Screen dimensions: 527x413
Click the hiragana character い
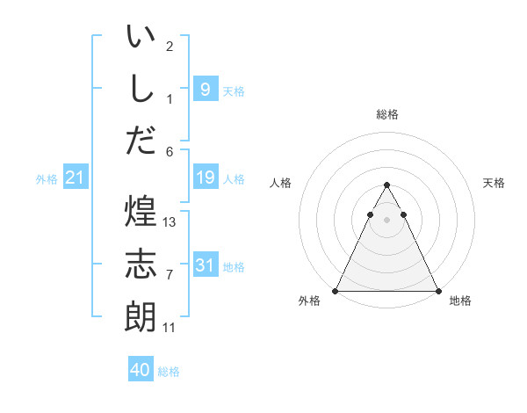pyautogui.click(x=141, y=38)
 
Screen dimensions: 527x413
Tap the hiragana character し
pyautogui.click(x=141, y=88)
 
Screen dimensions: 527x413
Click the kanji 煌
pyautogui.click(x=141, y=212)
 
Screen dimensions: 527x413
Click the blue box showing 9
pyautogui.click(x=205, y=89)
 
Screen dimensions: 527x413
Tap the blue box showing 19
pyautogui.click(x=205, y=178)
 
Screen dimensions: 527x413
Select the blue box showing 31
pyautogui.click(x=205, y=265)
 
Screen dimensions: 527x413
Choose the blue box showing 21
pyautogui.click(x=75, y=178)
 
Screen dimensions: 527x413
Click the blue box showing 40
pyautogui.click(x=140, y=371)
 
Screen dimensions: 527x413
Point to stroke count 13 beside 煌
pyautogui.click(x=170, y=222)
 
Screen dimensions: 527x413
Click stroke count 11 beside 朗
pyautogui.click(x=170, y=328)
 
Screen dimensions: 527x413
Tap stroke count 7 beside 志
pyautogui.click(x=170, y=275)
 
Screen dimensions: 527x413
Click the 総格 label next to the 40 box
pyautogui.click(x=169, y=372)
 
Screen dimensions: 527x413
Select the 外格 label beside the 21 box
pyautogui.click(x=47, y=179)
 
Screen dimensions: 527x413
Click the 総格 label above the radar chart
pyautogui.click(x=386, y=114)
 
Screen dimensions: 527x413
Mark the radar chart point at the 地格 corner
pyautogui.click(x=437, y=291)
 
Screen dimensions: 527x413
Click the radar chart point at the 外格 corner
pyautogui.click(x=336, y=291)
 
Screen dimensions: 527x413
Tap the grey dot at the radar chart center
pyautogui.click(x=386, y=220)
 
